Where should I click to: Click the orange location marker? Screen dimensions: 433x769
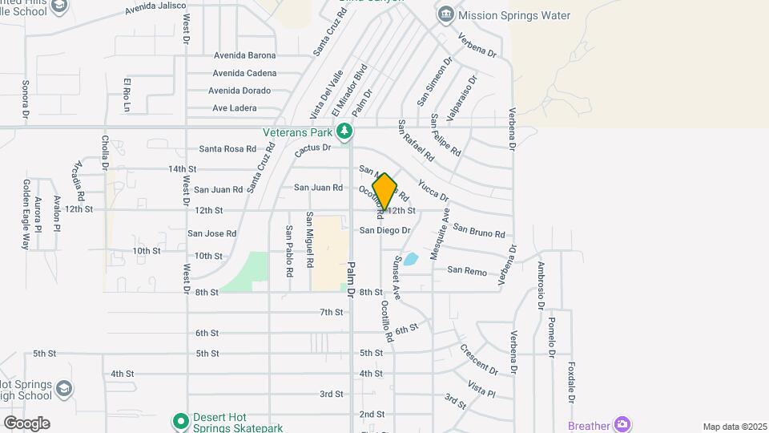click(x=384, y=191)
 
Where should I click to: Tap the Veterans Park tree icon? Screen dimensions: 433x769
click(x=344, y=131)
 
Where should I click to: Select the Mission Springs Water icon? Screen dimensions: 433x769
click(x=445, y=15)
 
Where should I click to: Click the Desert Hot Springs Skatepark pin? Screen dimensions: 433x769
click(x=181, y=420)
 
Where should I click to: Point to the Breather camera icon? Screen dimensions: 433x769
click(x=622, y=424)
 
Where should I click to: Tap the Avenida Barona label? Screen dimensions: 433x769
click(x=244, y=55)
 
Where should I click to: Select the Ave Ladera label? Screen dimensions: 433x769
click(x=235, y=108)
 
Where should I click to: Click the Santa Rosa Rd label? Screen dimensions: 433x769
click(x=227, y=149)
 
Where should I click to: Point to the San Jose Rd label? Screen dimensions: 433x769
click(x=212, y=233)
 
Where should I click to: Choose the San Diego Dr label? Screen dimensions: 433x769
click(x=384, y=230)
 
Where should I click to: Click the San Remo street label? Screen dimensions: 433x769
click(x=467, y=272)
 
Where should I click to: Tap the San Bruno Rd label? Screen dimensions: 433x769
click(x=479, y=230)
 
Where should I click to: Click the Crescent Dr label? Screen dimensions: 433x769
click(x=479, y=360)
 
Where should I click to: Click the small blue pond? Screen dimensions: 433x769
click(x=410, y=259)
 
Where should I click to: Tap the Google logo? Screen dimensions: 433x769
click(x=26, y=423)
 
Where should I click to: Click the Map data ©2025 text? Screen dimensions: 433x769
click(x=734, y=427)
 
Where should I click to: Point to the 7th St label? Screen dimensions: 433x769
click(x=331, y=312)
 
